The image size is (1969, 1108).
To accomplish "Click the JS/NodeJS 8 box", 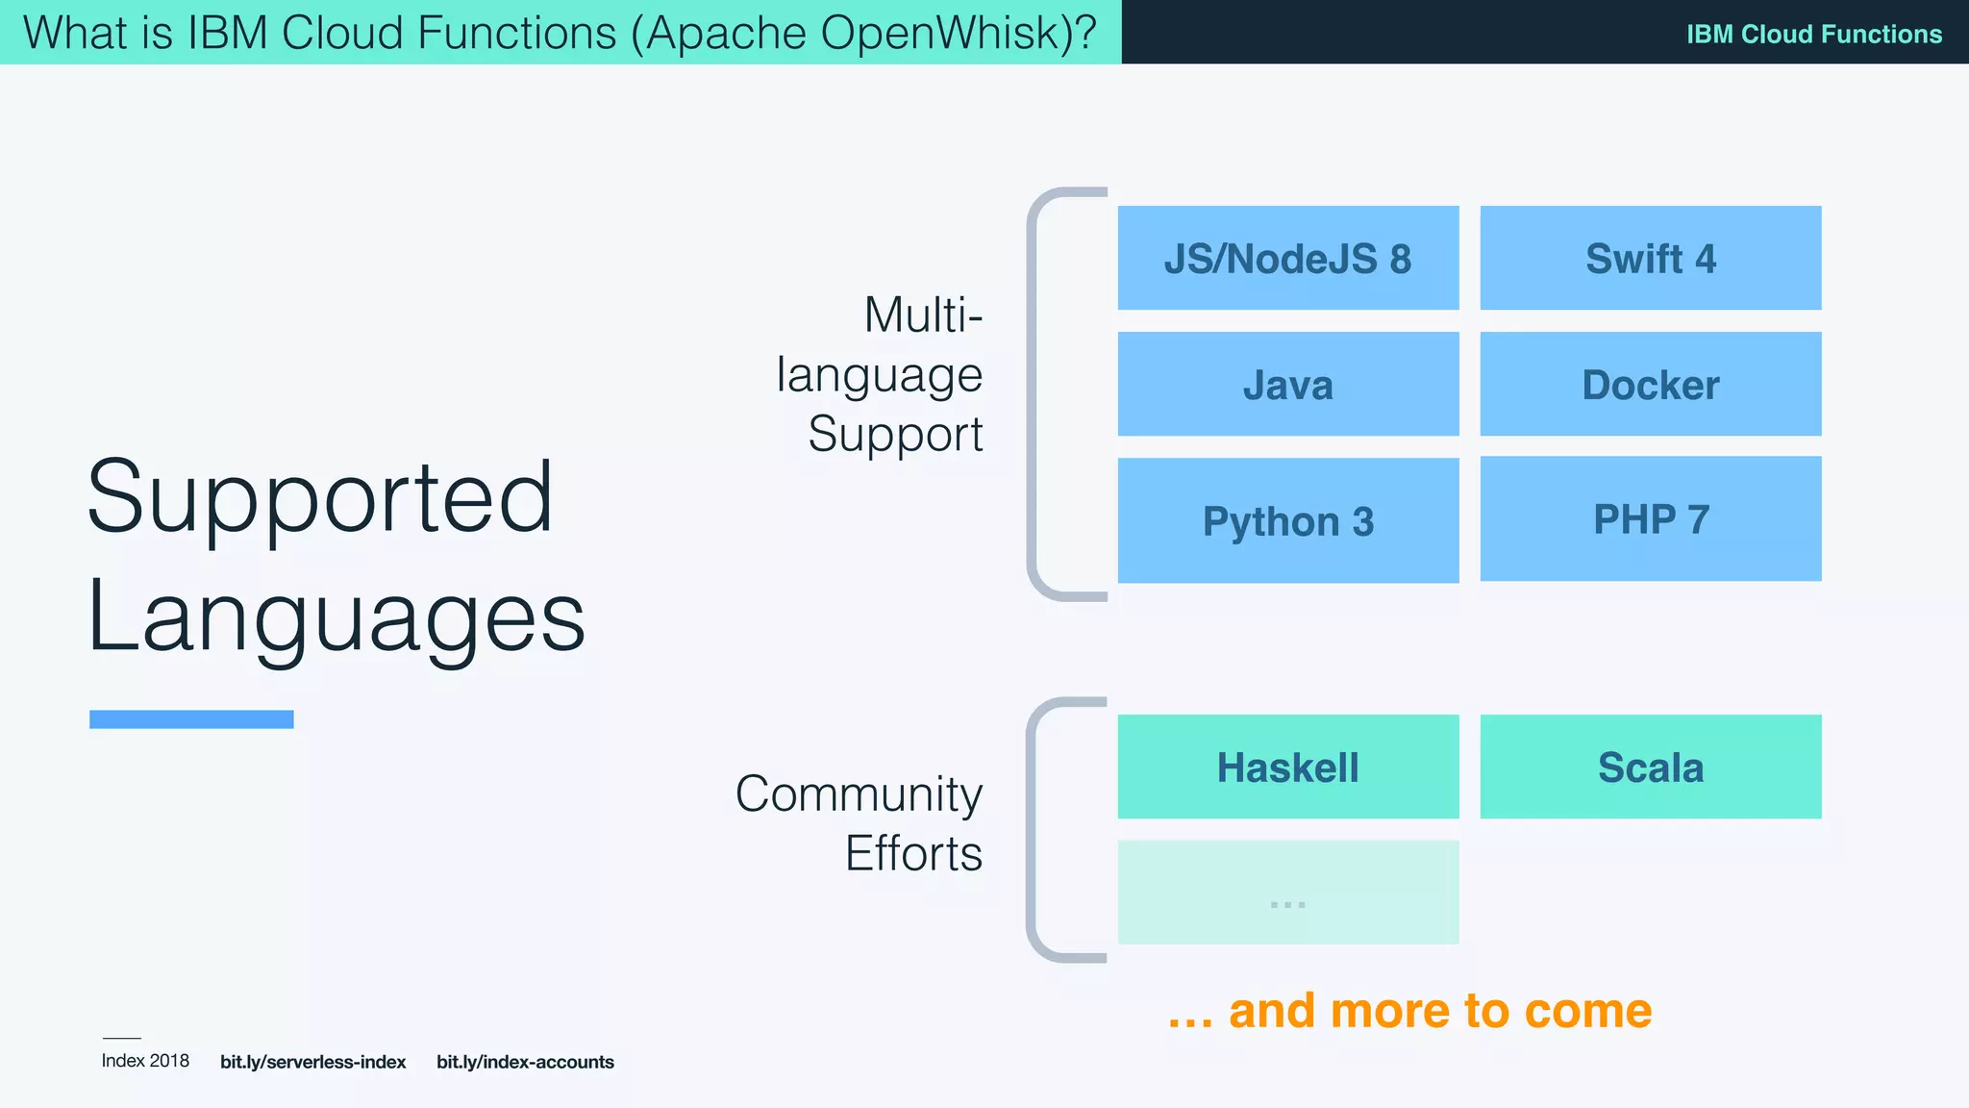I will tap(1287, 258).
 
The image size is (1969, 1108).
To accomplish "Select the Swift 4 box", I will tap(1650, 258).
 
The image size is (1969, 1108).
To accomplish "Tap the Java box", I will tap(1287, 384).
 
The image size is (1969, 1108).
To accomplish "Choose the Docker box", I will tap(1650, 384).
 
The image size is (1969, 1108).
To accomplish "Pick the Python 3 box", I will tap(1287, 520).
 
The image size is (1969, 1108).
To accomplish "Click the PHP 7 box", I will tap(1650, 518).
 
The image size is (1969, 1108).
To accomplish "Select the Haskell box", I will tap(1287, 767).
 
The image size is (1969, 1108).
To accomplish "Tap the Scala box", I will tap(1650, 767).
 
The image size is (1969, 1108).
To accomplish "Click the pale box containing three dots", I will tap(1287, 893).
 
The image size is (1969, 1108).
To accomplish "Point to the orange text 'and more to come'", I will tap(1439, 1011).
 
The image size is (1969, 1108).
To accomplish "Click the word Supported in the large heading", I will tap(319, 498).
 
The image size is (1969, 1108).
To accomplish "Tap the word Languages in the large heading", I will tap(336, 616).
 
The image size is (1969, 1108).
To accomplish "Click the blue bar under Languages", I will tap(191, 719).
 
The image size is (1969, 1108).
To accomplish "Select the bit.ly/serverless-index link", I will tap(312, 1062).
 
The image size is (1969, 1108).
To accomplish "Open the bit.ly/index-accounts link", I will tap(525, 1062).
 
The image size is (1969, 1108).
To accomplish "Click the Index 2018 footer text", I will tap(145, 1061).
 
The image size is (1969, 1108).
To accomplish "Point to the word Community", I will tap(859, 794).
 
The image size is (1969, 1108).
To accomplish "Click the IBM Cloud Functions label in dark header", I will tap(1813, 34).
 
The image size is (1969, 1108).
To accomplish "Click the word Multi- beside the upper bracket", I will tap(923, 315).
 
